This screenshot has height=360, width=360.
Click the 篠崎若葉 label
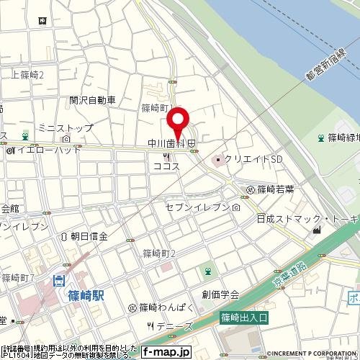pyautogui.click(x=277, y=189)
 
